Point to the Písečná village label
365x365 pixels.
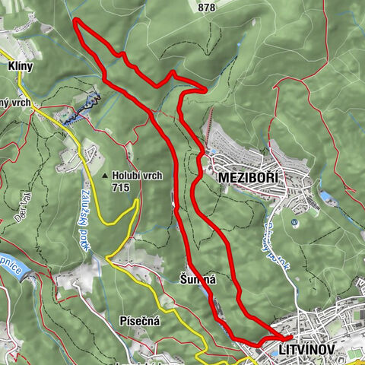139,322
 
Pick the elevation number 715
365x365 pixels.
120,187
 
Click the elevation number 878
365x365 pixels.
205,7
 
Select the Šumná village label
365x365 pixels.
198,279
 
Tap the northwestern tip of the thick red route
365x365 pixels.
75,21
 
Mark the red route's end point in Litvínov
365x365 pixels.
290,336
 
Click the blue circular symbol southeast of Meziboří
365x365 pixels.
294,222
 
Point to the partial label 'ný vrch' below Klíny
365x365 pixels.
14,103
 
